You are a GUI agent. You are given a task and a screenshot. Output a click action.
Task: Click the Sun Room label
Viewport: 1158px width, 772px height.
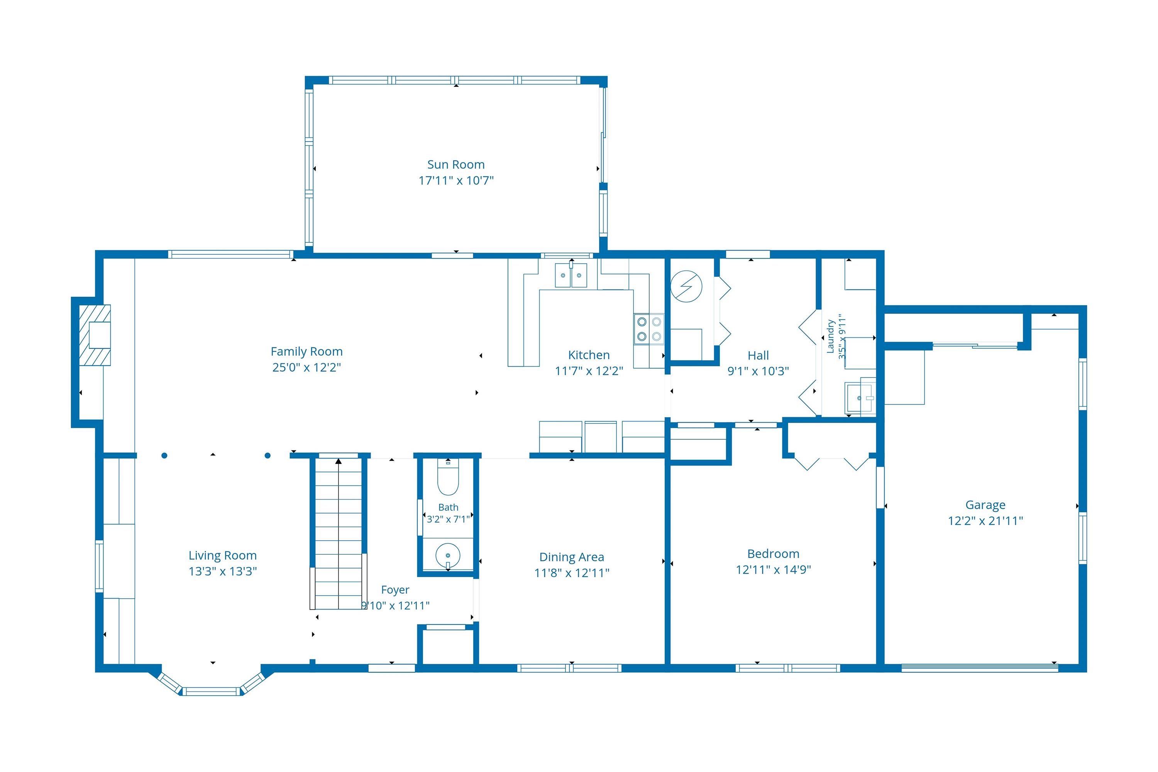pos(455,164)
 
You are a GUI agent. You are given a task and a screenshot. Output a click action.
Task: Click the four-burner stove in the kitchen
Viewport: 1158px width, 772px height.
pos(648,329)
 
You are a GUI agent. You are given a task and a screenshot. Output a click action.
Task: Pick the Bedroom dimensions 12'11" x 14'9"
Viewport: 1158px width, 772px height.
pos(773,570)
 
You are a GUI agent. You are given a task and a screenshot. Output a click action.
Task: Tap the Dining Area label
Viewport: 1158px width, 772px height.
pos(572,557)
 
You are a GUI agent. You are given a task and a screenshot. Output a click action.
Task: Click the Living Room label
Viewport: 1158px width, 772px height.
pos(223,555)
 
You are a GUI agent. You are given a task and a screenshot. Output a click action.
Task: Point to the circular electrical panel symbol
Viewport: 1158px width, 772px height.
pos(686,286)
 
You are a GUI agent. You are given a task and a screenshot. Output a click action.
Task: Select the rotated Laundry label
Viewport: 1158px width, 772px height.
pos(830,336)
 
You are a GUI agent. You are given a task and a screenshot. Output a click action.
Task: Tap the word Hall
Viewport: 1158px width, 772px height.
pos(758,356)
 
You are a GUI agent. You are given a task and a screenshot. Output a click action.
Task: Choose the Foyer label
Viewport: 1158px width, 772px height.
pos(395,590)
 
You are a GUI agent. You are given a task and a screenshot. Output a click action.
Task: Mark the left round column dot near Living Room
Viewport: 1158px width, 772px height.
pos(164,455)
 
